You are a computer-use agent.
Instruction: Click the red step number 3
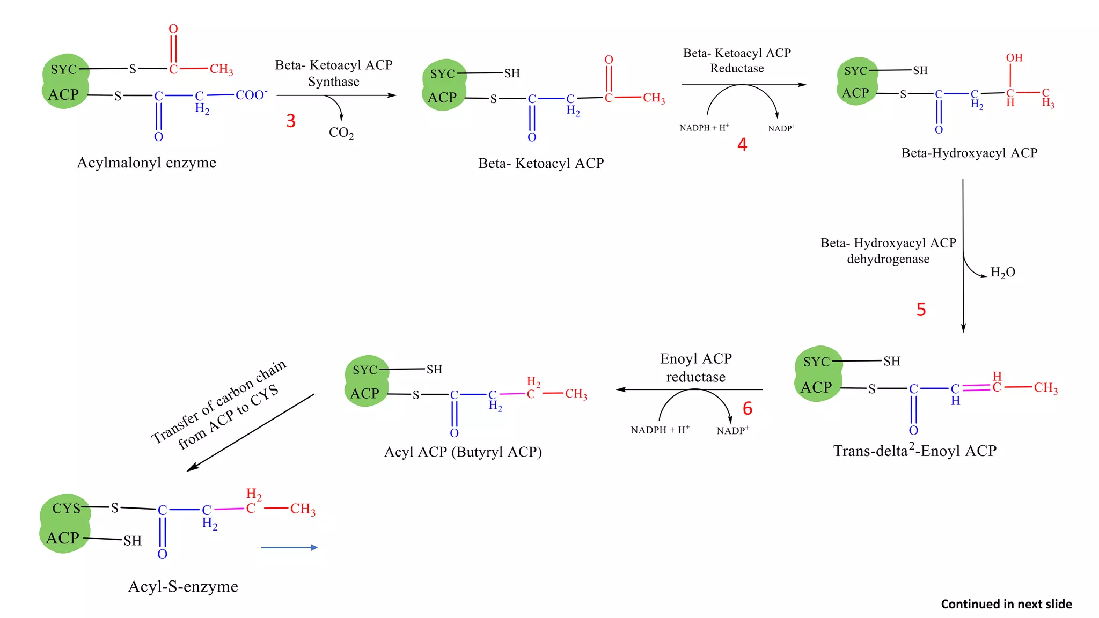(290, 121)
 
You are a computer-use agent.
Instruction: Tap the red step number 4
(742, 144)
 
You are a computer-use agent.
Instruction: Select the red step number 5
(921, 310)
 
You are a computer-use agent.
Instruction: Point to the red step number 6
(748, 409)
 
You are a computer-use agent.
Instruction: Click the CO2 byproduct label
(341, 133)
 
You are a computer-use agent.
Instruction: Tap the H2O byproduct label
(1002, 273)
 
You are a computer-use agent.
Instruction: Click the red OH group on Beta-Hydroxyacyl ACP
(1014, 58)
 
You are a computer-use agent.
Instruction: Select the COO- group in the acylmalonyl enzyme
(251, 95)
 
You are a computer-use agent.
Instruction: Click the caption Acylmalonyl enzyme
(146, 163)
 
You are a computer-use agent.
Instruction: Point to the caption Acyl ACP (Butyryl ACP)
(463, 452)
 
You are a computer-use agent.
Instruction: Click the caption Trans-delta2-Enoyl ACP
(914, 450)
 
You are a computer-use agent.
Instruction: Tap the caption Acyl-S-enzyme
(183, 586)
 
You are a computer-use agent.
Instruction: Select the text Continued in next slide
(1006, 604)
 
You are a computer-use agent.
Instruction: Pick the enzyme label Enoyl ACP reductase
(695, 367)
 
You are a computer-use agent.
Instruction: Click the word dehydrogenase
(888, 259)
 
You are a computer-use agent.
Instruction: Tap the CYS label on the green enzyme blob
(66, 508)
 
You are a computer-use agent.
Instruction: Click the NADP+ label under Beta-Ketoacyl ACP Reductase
(781, 128)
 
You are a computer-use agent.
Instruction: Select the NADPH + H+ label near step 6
(660, 430)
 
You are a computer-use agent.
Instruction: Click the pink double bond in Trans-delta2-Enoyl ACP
(976, 387)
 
